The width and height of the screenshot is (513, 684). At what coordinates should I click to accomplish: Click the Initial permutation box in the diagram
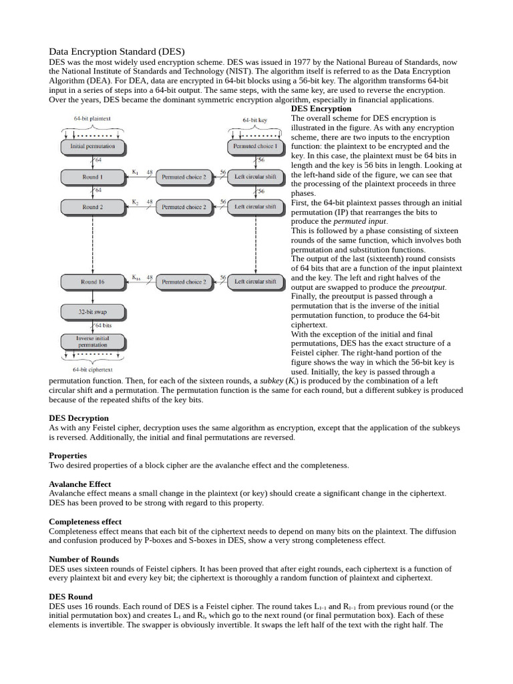pyautogui.click(x=92, y=146)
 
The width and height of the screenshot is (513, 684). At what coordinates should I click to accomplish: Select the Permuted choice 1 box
pyautogui.click(x=254, y=146)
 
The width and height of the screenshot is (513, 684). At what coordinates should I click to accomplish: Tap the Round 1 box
pyautogui.click(x=92, y=177)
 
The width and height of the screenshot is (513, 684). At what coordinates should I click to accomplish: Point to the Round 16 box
pyautogui.click(x=92, y=282)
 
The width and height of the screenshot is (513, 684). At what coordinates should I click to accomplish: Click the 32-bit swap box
pyautogui.click(x=92, y=311)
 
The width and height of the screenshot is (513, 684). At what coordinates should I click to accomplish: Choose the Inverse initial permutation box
pyautogui.click(x=92, y=342)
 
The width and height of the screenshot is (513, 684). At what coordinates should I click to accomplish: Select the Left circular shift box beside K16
pyautogui.click(x=254, y=282)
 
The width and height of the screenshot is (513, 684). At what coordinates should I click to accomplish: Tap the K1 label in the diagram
pyautogui.click(x=135, y=172)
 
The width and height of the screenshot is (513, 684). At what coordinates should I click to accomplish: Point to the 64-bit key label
pyautogui.click(x=254, y=121)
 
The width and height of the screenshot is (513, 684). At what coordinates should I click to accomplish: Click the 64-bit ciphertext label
pyautogui.click(x=92, y=369)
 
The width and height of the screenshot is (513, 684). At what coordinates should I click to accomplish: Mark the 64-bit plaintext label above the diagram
pyautogui.click(x=92, y=118)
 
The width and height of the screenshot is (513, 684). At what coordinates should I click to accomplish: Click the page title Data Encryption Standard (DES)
pyautogui.click(x=117, y=51)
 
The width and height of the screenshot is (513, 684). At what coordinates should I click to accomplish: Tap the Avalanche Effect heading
pyautogui.click(x=80, y=484)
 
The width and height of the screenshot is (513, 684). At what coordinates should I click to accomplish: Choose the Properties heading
pyautogui.click(x=68, y=456)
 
